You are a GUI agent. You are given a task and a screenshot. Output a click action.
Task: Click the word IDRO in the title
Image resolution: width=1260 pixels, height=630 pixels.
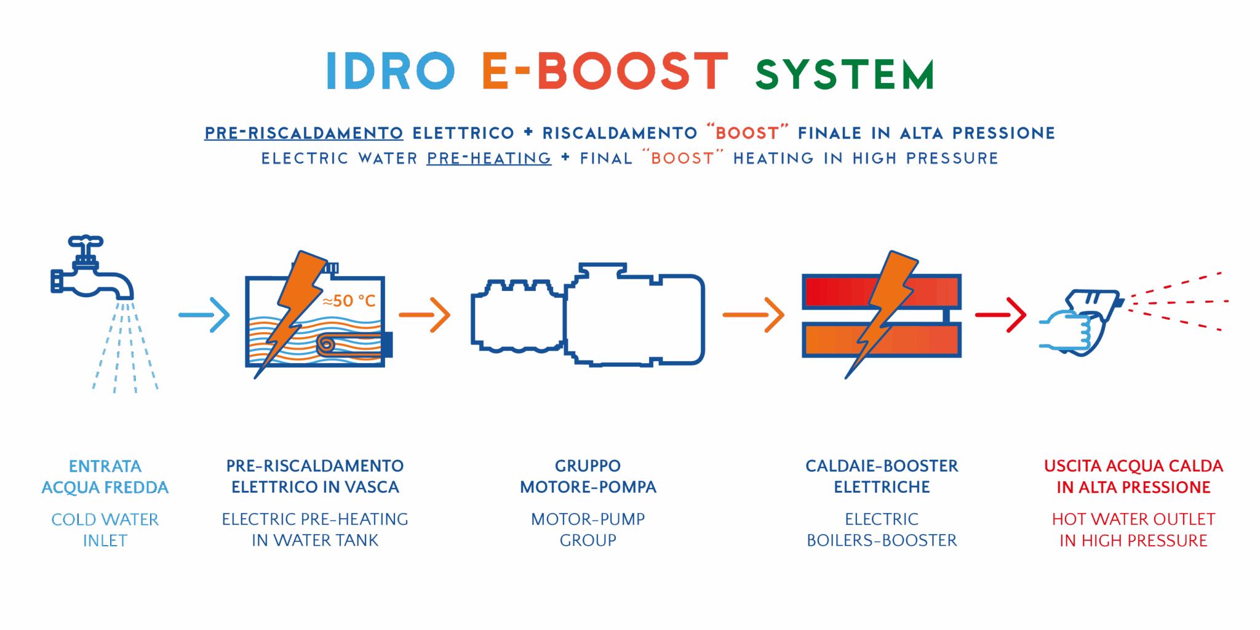(x=390, y=71)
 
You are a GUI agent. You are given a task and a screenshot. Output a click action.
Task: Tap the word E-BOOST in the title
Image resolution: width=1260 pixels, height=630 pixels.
(x=605, y=71)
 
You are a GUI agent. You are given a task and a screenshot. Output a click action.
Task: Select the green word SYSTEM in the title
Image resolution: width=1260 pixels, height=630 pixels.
(x=844, y=74)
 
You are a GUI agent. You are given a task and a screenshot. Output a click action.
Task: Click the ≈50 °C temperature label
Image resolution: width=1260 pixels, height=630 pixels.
(x=349, y=301)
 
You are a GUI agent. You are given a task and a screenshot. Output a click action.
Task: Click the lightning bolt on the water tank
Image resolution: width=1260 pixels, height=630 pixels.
(x=294, y=308)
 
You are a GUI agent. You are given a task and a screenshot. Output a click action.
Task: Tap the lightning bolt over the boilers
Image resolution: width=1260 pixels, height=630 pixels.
(x=884, y=308)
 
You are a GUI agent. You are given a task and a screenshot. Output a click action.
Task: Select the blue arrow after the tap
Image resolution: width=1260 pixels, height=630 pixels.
(x=204, y=314)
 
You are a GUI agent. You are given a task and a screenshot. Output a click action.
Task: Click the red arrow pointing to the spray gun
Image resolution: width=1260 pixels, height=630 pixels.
(x=1001, y=314)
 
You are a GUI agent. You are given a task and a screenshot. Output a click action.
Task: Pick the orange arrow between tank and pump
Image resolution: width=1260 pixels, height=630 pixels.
(x=425, y=314)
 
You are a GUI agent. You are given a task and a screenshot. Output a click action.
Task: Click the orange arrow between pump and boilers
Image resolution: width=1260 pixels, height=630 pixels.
(x=754, y=314)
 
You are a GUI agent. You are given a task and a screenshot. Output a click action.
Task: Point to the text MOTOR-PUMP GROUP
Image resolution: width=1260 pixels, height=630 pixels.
(x=588, y=530)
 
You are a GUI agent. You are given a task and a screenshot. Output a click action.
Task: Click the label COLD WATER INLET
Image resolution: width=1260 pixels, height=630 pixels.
(x=105, y=530)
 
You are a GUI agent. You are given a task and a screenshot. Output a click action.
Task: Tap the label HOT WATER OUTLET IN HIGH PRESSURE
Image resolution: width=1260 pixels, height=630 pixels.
(x=1133, y=530)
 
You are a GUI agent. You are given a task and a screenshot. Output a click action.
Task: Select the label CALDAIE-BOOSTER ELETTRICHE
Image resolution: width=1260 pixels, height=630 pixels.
(x=882, y=476)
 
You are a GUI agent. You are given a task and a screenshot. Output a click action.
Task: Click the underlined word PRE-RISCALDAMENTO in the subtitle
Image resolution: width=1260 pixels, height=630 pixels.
(x=304, y=133)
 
